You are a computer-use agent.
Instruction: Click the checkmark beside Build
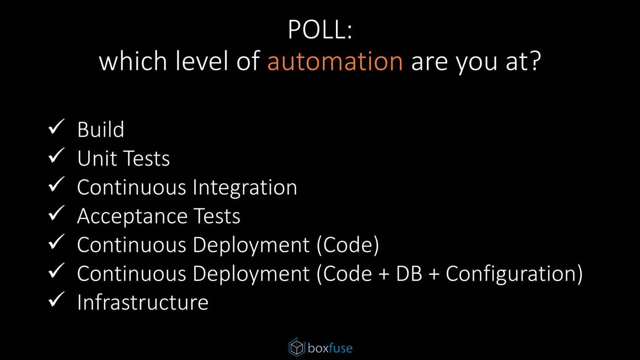56,127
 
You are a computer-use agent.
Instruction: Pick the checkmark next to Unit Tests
56,155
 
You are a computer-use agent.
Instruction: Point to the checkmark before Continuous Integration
56,184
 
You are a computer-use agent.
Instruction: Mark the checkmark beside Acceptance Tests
56,213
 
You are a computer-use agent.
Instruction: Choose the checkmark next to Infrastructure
56,299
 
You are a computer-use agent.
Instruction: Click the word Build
100,129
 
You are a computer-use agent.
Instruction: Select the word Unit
96,158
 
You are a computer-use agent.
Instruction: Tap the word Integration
245,188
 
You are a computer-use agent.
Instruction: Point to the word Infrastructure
143,302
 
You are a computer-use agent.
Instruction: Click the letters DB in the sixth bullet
409,274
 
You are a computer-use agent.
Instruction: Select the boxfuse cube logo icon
297,347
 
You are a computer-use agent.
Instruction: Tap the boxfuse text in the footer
330,348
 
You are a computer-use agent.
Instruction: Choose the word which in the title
133,61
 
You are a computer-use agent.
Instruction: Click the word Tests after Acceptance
217,216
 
